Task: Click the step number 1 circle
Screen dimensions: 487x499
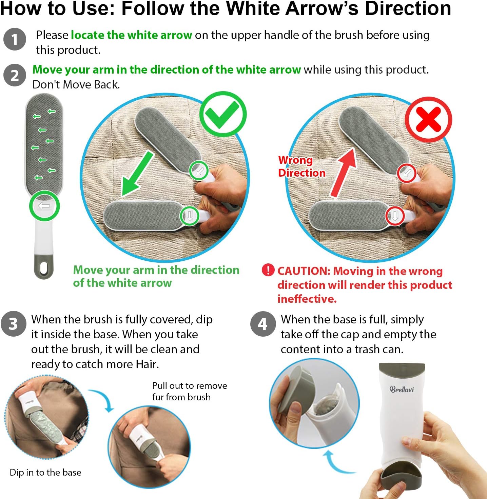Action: [15, 39]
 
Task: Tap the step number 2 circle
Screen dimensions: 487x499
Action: [15, 75]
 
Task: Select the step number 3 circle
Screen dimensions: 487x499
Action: [13, 324]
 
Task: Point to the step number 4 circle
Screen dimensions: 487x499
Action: [263, 324]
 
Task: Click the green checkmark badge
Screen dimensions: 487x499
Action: [223, 114]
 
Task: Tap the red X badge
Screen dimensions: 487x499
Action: [428, 119]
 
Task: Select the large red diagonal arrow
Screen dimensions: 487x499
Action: [343, 173]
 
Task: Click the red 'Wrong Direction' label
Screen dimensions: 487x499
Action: [302, 166]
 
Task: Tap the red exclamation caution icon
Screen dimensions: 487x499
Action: [268, 270]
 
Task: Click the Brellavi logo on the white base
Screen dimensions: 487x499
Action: [402, 390]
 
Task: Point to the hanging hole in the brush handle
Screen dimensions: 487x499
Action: [44, 268]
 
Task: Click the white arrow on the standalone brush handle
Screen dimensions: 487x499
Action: [44, 206]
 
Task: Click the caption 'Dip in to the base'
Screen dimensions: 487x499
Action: [45, 472]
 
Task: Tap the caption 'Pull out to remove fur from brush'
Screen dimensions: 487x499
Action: [190, 391]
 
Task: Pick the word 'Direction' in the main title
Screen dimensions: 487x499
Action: [408, 8]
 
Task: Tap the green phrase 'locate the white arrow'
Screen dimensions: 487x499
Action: [131, 35]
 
